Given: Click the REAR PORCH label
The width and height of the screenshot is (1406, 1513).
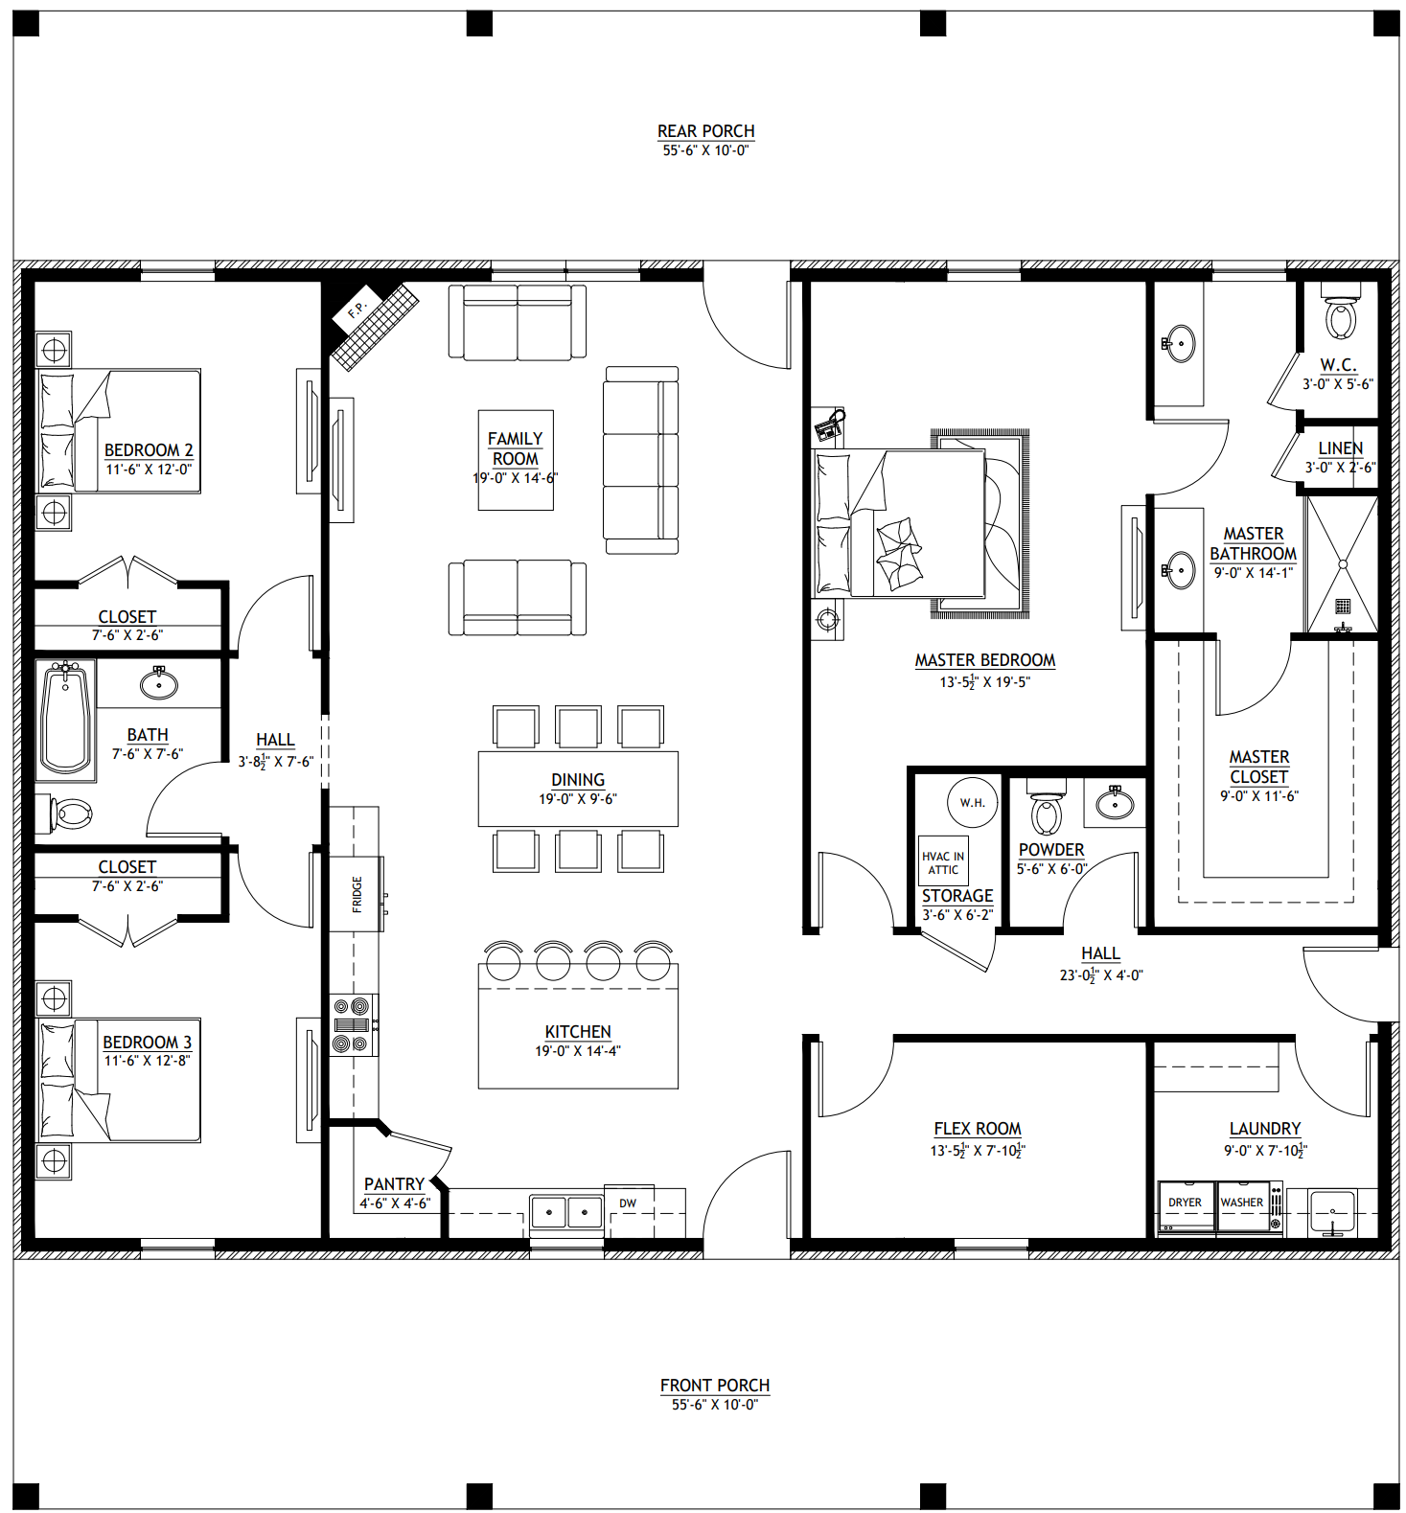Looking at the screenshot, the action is pos(705,131).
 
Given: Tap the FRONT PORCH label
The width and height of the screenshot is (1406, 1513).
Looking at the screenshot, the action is pos(715,1386).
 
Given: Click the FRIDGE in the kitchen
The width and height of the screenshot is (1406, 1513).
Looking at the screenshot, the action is pos(357,894).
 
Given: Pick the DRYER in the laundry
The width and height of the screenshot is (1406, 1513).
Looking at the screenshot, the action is pos(1187,1208).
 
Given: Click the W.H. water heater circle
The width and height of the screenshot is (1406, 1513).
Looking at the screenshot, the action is pos(972,802).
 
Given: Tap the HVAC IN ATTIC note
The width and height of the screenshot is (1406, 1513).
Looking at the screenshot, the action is pos(943,862).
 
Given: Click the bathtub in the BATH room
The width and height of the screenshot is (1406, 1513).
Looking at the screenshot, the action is pos(66,719).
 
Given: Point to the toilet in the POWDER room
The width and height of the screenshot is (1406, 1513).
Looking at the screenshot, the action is pos(1047,807).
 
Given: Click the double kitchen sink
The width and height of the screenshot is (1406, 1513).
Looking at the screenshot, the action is pos(566,1212).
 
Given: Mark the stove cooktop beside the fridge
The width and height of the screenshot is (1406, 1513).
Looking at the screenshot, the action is pos(354,1025).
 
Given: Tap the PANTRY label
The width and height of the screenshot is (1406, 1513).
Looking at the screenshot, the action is pos(394,1184).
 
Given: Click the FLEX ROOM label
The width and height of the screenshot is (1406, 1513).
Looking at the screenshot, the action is pos(978,1129).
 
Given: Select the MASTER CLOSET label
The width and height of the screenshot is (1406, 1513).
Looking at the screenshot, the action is pos(1259,767).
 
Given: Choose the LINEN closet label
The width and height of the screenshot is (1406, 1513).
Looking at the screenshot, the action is pos(1340,448).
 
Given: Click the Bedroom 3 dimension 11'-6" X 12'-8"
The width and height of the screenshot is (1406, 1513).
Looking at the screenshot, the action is pos(148,1061).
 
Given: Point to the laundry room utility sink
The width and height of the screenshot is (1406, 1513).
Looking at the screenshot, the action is pos(1331,1212).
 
